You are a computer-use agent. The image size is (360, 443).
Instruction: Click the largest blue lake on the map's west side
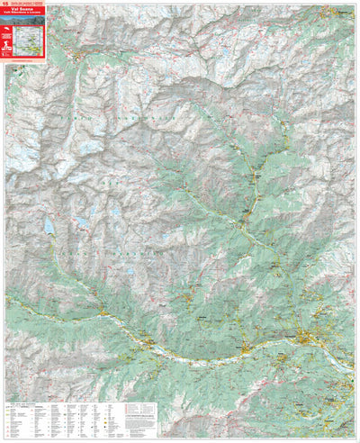49,224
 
